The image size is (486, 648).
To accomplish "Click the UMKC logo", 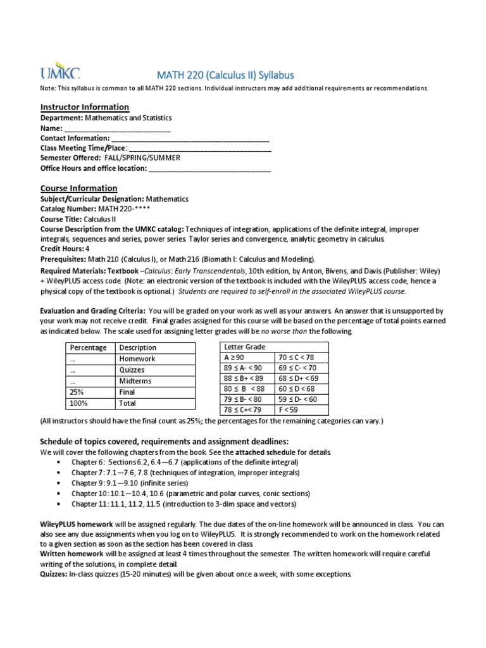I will [59, 72].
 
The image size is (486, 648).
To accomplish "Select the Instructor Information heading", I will [84, 107].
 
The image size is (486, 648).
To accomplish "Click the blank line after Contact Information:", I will [190, 139].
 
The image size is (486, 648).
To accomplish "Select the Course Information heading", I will [78, 188].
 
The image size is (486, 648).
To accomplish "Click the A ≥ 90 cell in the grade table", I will [246, 358].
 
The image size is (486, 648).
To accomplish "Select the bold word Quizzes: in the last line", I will [56, 575].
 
